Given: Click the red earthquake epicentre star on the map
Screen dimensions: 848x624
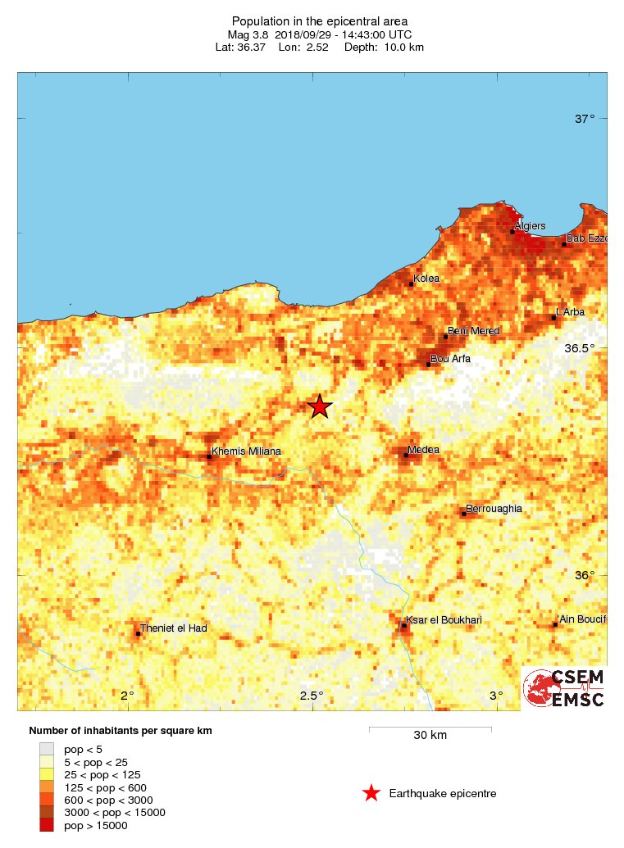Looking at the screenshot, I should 319,406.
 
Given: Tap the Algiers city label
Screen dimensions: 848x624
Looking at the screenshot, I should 529,226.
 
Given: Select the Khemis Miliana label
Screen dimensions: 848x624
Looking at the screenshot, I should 246,451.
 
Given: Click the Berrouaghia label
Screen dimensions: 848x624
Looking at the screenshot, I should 494,509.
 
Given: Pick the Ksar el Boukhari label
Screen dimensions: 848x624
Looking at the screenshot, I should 444,620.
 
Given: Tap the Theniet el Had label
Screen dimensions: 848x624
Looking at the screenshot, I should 173,628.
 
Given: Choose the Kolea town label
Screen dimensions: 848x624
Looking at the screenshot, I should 426,279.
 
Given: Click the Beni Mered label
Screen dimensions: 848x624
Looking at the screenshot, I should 474,331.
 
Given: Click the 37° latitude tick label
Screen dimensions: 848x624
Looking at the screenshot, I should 585,119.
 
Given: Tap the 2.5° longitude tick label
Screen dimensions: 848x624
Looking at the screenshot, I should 312,696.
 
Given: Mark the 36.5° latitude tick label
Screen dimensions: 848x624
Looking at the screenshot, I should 580,348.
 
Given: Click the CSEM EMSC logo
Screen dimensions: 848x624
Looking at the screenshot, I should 564,688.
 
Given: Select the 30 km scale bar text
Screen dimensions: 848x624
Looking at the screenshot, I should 429,735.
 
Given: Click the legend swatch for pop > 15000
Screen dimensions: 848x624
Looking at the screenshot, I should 47,825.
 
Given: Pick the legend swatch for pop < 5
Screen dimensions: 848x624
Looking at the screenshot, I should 47,749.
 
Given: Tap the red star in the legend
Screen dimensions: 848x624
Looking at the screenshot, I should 371,793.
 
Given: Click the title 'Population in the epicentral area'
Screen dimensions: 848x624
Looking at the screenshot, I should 319,20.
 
